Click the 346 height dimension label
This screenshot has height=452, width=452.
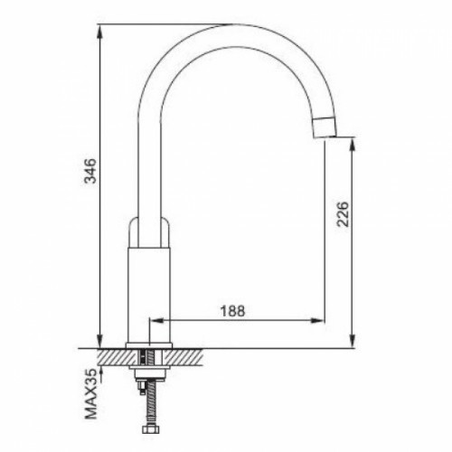[x=90, y=171]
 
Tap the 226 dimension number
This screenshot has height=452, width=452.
[x=343, y=214]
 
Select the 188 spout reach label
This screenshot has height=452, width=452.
[x=232, y=311]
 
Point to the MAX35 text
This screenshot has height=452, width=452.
[x=90, y=394]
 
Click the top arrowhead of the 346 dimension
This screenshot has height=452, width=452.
[x=100, y=31]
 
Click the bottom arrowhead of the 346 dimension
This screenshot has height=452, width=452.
[x=100, y=342]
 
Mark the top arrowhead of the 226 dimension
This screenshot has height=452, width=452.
[x=353, y=144]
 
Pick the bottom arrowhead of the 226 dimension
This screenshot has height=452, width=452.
[x=353, y=342]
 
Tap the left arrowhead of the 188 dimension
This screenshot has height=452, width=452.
[x=156, y=321]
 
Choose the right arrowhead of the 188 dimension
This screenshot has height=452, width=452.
[x=317, y=321]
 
